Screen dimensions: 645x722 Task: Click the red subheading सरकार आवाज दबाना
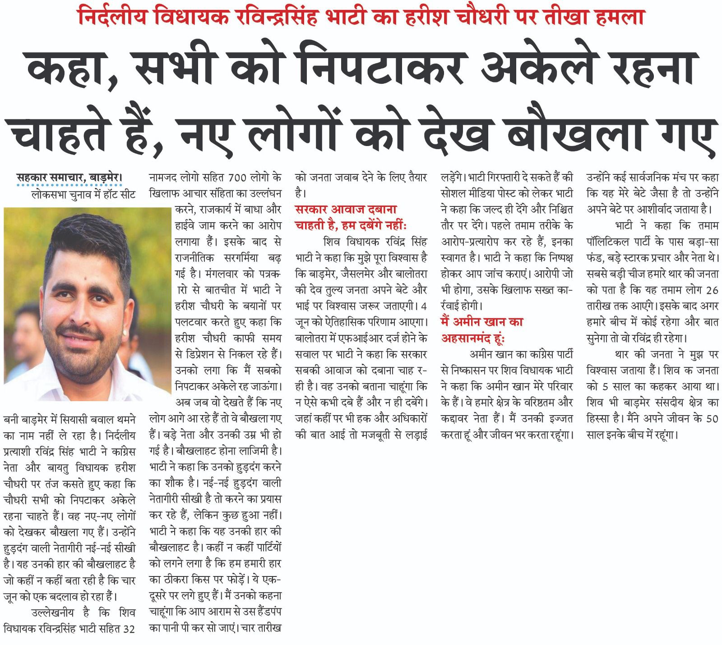(x=346, y=210)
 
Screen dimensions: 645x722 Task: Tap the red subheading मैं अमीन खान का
(x=482, y=322)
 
